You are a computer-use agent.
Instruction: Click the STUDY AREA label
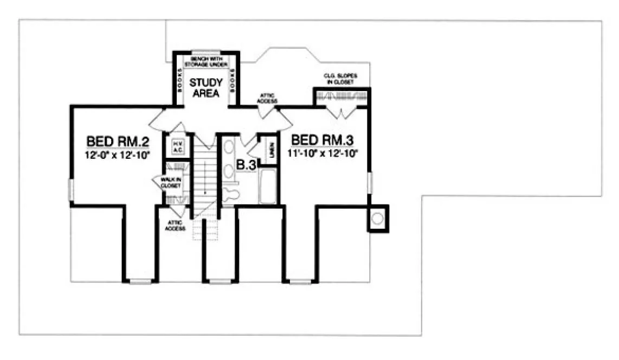[205, 88]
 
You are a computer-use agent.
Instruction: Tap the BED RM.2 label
[118, 142]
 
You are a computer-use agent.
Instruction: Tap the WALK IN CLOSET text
[170, 182]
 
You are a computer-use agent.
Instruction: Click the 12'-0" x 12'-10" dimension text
[118, 155]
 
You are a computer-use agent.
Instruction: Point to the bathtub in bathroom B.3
[268, 187]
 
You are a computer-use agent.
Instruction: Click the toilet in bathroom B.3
[231, 194]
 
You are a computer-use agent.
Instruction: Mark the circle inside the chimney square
[378, 218]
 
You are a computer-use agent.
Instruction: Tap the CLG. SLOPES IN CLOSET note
[340, 79]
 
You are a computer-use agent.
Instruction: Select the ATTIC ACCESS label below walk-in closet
[175, 226]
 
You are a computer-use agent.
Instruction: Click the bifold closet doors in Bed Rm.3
[341, 113]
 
